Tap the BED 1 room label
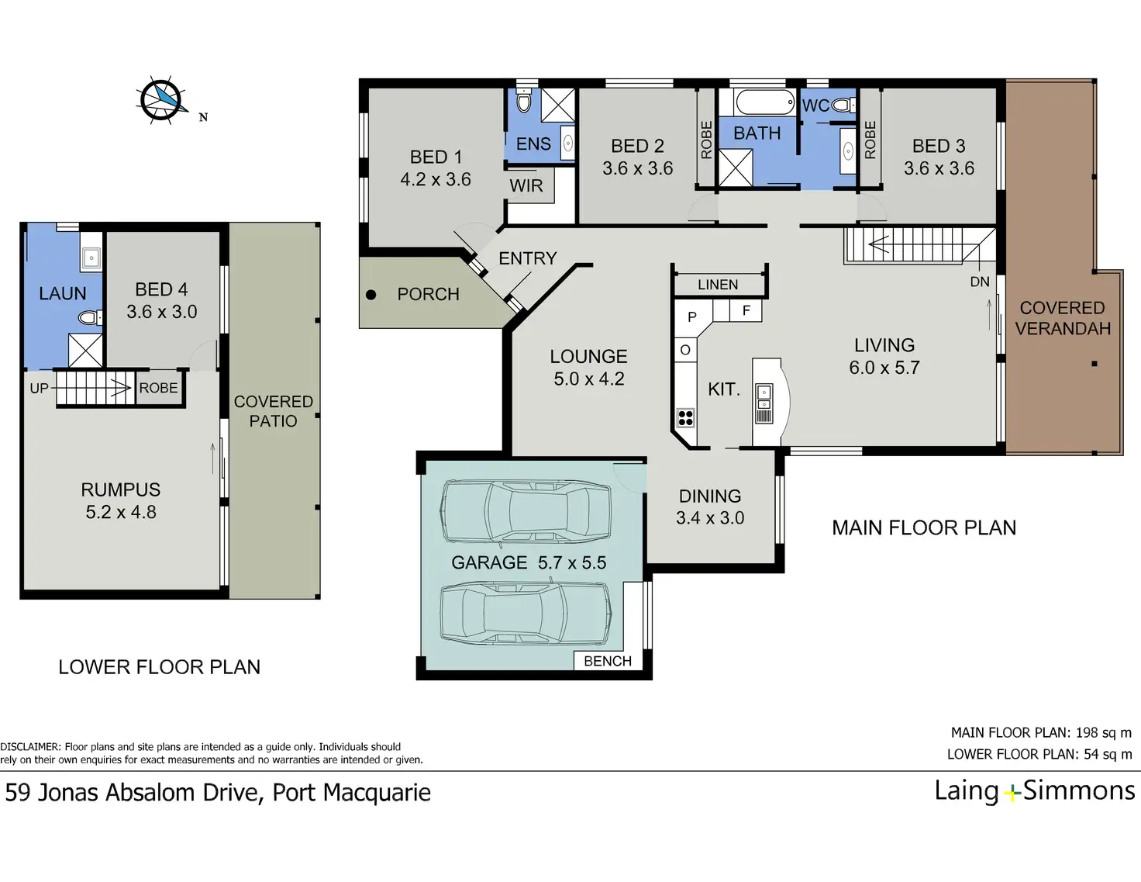pyautogui.click(x=436, y=157)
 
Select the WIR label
pyautogui.click(x=526, y=185)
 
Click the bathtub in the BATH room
pyautogui.click(x=765, y=102)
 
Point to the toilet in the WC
pyautogui.click(x=844, y=106)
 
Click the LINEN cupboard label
pyautogui.click(x=718, y=285)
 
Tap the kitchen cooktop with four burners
pyautogui.click(x=686, y=418)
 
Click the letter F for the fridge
pyautogui.click(x=746, y=310)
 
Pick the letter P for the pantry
pyautogui.click(x=692, y=317)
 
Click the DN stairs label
pyautogui.click(x=980, y=282)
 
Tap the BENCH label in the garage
pyautogui.click(x=608, y=661)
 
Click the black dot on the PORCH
pyautogui.click(x=371, y=295)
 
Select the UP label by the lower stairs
pyautogui.click(x=39, y=388)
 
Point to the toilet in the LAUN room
pyautogui.click(x=90, y=318)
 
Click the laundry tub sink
pyautogui.click(x=91, y=258)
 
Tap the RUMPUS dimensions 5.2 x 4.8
pyautogui.click(x=121, y=512)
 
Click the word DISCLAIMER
pyautogui.click(x=30, y=746)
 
